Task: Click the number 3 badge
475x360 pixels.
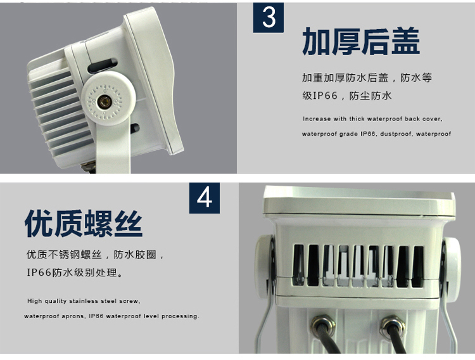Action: tap(269, 17)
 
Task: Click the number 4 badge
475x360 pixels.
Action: tap(205, 198)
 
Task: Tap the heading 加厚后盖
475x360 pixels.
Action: tap(361, 41)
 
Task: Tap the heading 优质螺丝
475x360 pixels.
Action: tap(84, 223)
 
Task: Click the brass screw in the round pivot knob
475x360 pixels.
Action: tap(105, 102)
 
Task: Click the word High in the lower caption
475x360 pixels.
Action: tap(35, 301)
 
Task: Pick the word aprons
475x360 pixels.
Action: tap(73, 316)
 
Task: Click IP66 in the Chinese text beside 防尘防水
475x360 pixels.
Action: tap(324, 96)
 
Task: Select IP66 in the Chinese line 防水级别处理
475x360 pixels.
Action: tap(39, 273)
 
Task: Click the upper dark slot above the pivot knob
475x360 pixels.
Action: tap(103, 66)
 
